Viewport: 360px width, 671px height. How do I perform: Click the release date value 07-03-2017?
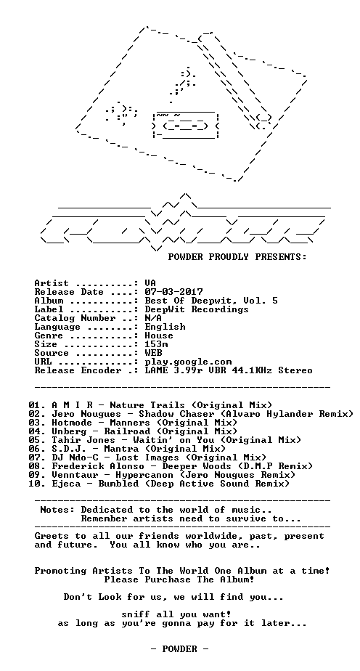(173, 292)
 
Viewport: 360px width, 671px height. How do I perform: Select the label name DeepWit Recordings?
(197, 309)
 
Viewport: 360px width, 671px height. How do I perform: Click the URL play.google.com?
(188, 362)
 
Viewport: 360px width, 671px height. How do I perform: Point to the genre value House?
(159, 335)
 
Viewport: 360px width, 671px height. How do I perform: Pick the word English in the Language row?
(165, 327)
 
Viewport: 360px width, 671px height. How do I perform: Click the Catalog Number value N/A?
(153, 318)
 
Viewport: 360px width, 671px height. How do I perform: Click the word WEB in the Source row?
(153, 353)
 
